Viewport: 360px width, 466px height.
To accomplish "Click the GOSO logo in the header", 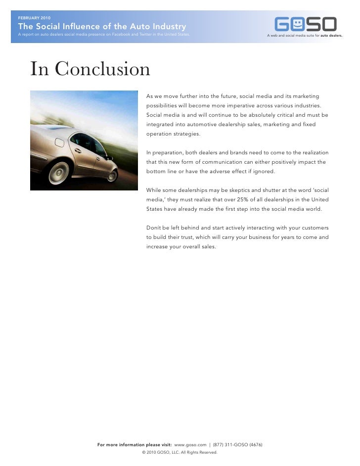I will (x=306, y=24).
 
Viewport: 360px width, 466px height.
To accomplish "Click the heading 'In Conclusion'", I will (x=90, y=69).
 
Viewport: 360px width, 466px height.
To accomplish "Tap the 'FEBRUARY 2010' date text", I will (x=34, y=18).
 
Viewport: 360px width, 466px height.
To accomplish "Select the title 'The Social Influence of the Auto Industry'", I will (x=102, y=27).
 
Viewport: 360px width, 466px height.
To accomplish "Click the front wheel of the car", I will (x=113, y=176).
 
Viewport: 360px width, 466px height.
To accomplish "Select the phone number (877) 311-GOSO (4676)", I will (x=237, y=445).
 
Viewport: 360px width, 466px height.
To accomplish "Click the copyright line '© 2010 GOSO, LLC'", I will (x=180, y=452).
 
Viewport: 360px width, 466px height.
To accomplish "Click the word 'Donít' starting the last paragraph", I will (x=153, y=228).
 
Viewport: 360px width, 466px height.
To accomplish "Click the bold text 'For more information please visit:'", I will (x=135, y=445).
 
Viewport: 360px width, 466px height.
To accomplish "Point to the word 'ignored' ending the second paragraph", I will (x=263, y=171).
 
